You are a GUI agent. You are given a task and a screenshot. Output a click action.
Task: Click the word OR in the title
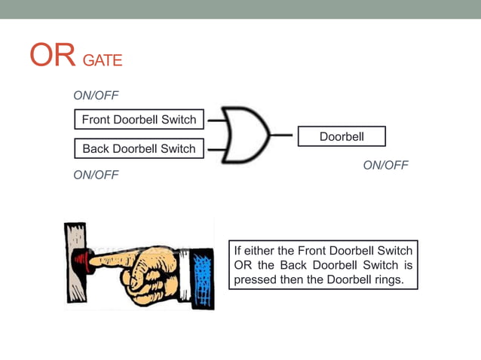coord(51,55)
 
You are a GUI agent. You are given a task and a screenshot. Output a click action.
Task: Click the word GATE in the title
coord(102,60)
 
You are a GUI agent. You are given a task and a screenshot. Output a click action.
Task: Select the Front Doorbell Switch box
coord(139,119)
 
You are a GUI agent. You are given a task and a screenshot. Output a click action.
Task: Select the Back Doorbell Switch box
coord(139,148)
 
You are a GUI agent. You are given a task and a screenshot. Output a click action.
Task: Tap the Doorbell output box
coord(342,136)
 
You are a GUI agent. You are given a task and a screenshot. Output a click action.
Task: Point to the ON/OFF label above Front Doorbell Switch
coord(96,96)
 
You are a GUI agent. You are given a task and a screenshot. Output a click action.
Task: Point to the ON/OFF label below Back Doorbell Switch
coord(96,175)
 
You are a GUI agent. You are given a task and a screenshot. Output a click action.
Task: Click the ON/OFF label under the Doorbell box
coord(385,165)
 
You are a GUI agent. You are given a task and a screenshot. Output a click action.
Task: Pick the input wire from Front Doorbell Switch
coord(215,119)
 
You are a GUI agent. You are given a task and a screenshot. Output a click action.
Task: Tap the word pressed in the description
coord(256,279)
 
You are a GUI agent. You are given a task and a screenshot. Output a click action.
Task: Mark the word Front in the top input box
coord(97,119)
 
